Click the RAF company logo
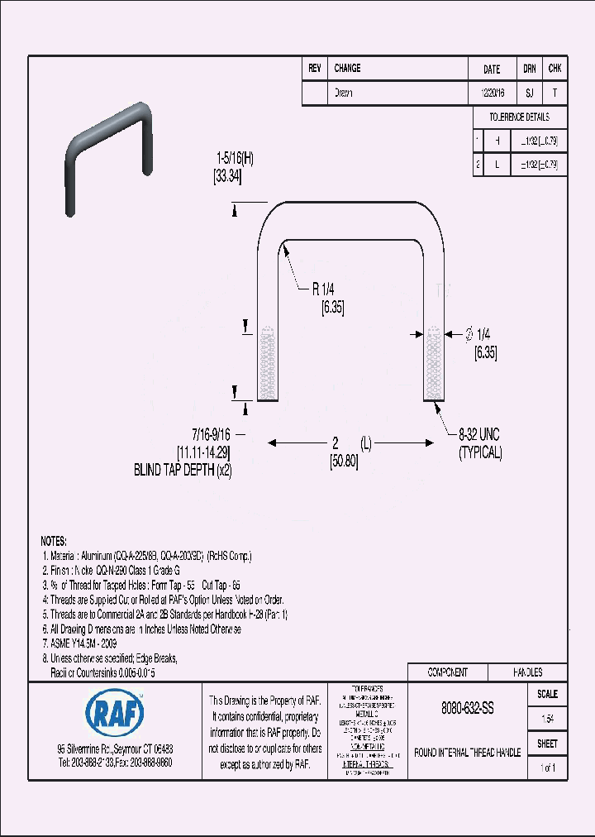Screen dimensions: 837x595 pos(114,710)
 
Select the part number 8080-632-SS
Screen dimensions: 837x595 pos(467,710)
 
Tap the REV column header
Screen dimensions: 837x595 pos(314,69)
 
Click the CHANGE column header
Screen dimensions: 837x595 pos(347,69)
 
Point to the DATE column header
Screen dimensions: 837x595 pos(491,69)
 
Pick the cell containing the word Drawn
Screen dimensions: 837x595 pos(344,93)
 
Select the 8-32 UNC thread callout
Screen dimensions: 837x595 pos(479,434)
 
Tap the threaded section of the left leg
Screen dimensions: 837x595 pos(265,364)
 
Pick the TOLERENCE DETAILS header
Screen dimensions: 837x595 pos(518,117)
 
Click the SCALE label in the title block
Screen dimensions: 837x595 pos(547,694)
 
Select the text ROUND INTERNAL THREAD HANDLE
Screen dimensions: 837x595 pos(467,753)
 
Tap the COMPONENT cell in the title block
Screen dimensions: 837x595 pos(447,672)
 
